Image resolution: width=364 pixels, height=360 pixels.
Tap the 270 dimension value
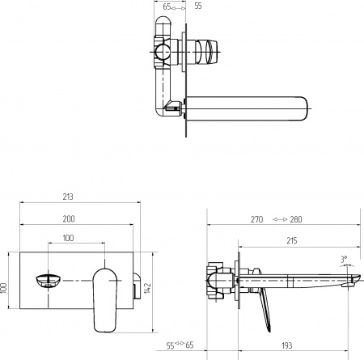[x=258, y=218]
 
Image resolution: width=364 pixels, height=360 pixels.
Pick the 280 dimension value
[x=297, y=218]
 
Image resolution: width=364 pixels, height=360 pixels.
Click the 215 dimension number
[x=291, y=239]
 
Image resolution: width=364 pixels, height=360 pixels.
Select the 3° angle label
[x=344, y=260]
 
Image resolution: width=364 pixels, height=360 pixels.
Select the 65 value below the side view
[x=192, y=345]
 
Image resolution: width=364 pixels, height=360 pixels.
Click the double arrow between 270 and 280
[x=277, y=218]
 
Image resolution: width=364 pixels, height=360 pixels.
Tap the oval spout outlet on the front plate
[x=49, y=281]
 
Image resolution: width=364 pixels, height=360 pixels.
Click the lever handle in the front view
[x=105, y=295]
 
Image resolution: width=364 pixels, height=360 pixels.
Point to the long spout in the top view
[x=247, y=107]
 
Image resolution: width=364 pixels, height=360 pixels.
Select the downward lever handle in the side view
[x=264, y=311]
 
